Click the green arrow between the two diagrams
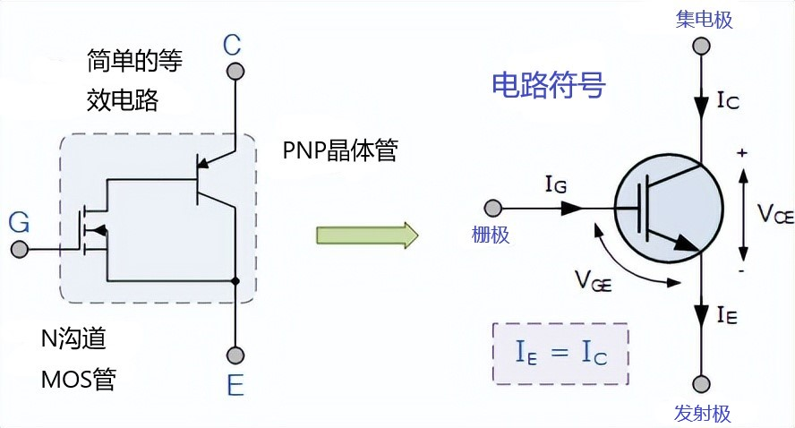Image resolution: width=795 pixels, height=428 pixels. point(367,235)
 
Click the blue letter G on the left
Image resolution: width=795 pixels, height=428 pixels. point(18,221)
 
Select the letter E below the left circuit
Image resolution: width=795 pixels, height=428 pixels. point(235,386)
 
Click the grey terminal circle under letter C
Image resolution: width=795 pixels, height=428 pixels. point(235,71)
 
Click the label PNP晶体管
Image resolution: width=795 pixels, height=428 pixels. point(339,150)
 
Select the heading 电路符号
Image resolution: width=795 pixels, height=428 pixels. point(549,85)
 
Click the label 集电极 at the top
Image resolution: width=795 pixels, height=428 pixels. point(704,19)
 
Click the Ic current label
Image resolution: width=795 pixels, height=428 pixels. point(728,100)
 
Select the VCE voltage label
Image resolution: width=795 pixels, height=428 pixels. point(774,213)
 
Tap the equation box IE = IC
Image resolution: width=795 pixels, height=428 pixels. point(561,354)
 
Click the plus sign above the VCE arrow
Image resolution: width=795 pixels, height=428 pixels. point(741,153)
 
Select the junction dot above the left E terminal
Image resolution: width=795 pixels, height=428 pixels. point(235,282)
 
